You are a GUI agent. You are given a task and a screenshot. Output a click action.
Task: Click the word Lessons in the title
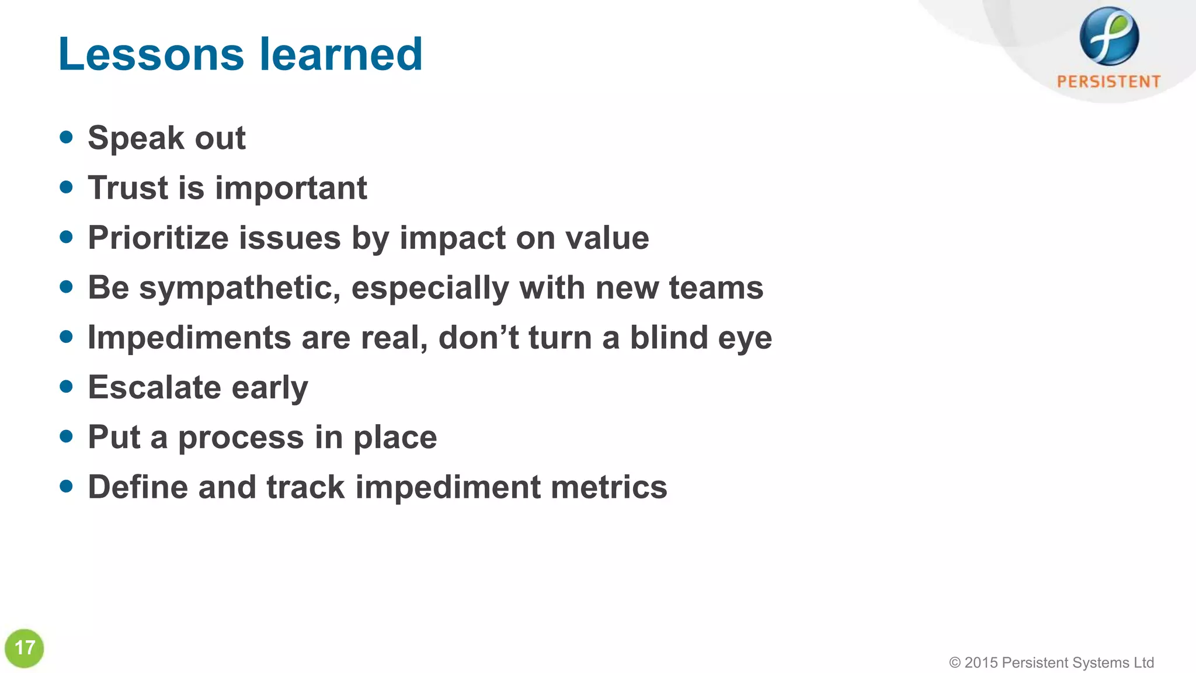[x=151, y=54]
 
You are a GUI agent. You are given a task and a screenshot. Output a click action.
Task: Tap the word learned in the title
[x=340, y=54]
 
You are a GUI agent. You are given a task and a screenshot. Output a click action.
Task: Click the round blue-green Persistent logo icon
[x=1108, y=36]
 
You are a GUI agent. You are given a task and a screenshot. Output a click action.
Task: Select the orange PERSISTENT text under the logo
[x=1108, y=81]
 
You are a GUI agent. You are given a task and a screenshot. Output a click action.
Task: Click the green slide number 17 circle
[x=25, y=648]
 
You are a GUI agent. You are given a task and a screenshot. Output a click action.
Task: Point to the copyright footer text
[x=1051, y=662]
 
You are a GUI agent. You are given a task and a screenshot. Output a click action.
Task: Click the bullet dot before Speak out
[x=67, y=137]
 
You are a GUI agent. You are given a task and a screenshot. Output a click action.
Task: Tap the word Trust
[x=128, y=188]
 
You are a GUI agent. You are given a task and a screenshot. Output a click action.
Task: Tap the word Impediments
[x=189, y=338]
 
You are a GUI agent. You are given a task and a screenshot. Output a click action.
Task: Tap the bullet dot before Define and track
[x=67, y=486]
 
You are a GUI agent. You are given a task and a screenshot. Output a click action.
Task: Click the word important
[x=291, y=189]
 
